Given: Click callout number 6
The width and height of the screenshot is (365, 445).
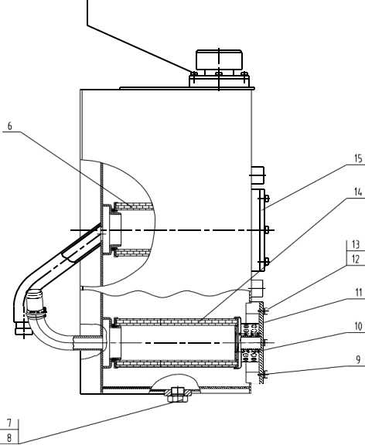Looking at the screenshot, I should point(10,126).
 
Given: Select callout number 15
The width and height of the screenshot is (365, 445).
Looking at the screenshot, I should point(357,158).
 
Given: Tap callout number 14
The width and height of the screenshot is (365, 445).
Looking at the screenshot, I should point(357,191).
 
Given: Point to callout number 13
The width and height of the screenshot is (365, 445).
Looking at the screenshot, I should point(354,245).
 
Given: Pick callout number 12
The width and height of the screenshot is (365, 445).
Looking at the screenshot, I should point(354,259).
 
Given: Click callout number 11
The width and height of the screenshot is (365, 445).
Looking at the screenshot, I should point(357,293).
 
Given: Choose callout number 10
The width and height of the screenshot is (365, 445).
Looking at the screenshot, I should point(357,325).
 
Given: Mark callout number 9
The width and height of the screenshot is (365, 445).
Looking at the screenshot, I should point(357,358).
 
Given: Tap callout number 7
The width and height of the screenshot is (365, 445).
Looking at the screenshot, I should point(9,423).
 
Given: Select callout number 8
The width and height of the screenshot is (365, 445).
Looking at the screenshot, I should point(9,437).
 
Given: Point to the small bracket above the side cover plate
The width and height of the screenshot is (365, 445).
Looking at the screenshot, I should point(258,173).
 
